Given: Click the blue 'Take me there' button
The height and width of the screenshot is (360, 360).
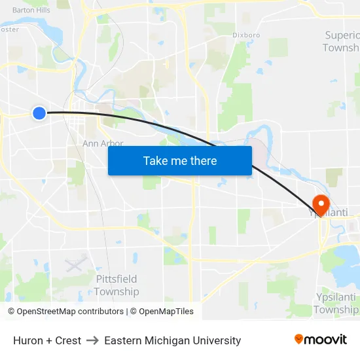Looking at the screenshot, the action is (180, 160).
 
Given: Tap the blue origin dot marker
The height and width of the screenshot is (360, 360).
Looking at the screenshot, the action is (39, 113).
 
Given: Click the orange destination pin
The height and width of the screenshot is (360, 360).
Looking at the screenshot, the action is (321, 204).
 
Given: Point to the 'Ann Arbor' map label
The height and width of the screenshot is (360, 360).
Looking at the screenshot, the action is (103, 143).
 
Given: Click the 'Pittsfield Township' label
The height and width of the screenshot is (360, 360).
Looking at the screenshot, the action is (117, 285).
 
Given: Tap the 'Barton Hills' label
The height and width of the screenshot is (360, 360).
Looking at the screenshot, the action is (31, 10).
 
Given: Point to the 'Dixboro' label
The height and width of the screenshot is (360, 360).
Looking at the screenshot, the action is (246, 35).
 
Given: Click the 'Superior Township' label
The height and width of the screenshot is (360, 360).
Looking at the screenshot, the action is (342, 41).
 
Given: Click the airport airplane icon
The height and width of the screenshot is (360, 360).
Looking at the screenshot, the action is (76, 264).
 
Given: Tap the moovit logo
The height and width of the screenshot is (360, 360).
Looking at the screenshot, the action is (320, 339).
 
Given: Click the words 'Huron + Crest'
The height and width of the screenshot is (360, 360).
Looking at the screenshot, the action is (47, 340).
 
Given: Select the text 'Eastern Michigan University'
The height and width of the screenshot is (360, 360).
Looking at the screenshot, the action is (173, 340).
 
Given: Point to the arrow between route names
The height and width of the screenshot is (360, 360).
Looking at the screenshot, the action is (92, 340).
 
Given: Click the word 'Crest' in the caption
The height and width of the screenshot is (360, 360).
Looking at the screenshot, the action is (67, 340).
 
